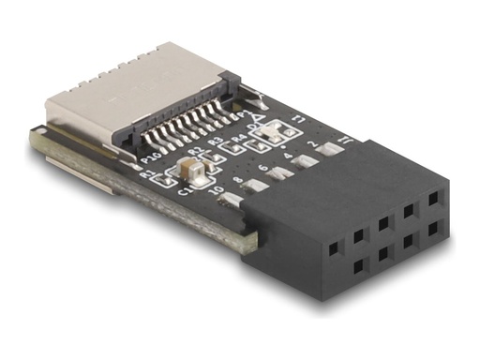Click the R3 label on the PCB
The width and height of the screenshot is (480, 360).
click(x=216, y=142)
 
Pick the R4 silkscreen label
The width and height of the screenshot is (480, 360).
click(x=238, y=137)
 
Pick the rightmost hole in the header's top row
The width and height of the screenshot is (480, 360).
click(x=432, y=200)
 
